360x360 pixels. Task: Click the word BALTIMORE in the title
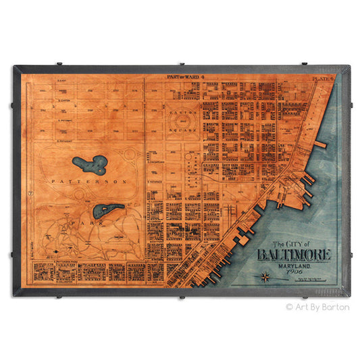(294, 255)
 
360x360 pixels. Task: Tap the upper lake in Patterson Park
(91, 163)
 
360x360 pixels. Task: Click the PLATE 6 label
(322, 79)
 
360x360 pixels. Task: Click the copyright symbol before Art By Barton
(290, 306)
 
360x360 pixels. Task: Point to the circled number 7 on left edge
(31, 194)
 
